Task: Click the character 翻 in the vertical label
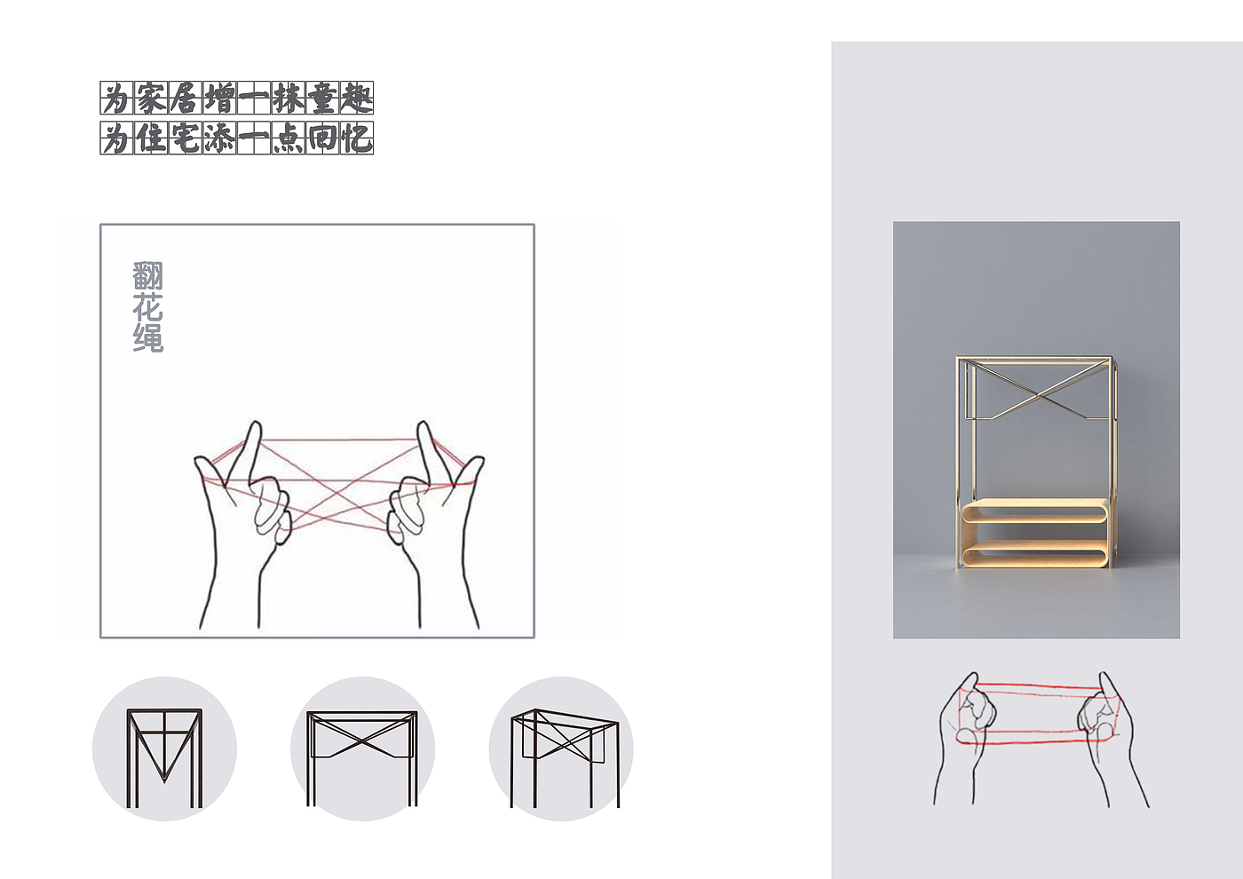pos(148,275)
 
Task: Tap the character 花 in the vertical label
pos(148,307)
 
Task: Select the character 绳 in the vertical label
pos(148,337)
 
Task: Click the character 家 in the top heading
pos(151,98)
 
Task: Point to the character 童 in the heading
pos(323,98)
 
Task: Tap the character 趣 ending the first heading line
pos(357,98)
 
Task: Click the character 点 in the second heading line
pos(288,139)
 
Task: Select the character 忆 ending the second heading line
pos(357,139)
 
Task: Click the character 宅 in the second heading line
pos(186,139)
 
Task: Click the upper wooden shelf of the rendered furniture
pos(1034,511)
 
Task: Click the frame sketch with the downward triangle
pos(164,758)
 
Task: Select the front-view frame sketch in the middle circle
pos(362,758)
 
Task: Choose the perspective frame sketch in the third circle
pos(565,758)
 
